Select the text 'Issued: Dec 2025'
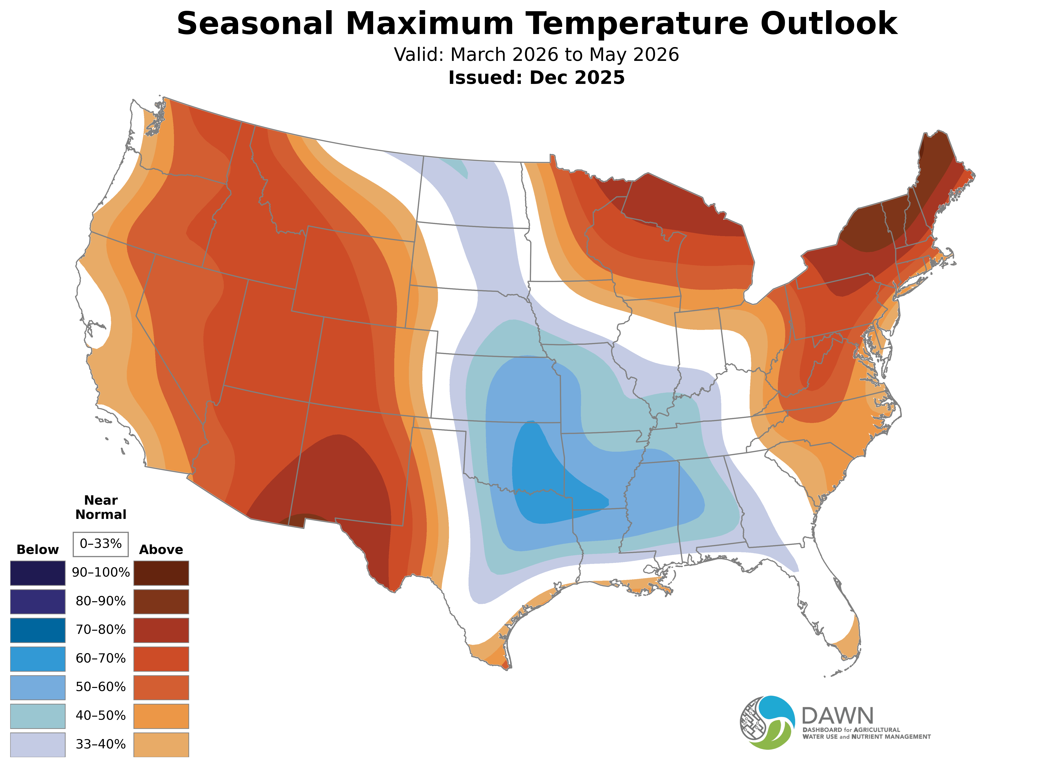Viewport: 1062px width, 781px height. point(536,78)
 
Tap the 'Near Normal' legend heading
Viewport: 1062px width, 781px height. point(101,507)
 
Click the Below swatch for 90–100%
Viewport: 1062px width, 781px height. point(38,573)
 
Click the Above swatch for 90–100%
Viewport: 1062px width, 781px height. point(161,573)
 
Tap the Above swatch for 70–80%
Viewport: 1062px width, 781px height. point(161,630)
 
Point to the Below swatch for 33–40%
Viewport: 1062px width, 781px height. point(38,745)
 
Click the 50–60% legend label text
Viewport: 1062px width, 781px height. point(101,687)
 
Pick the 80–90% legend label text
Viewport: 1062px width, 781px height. point(101,601)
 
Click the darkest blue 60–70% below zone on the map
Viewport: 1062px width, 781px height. point(543,478)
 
